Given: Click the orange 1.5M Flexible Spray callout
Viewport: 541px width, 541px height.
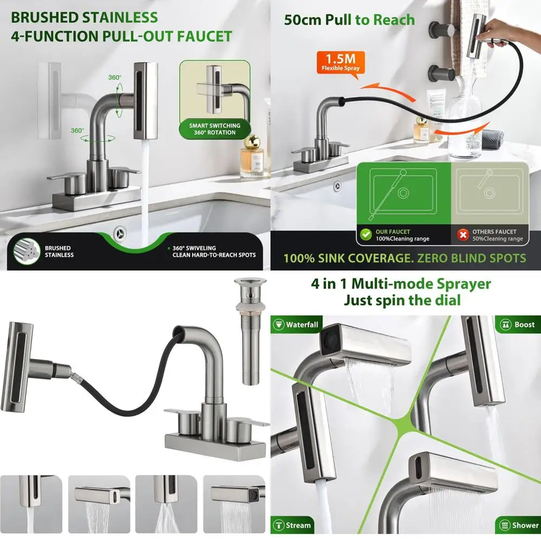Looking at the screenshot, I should point(339,62).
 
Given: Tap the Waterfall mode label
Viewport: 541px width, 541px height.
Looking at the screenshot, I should point(296,325).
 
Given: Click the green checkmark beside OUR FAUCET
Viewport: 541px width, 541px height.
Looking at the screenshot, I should point(365,235).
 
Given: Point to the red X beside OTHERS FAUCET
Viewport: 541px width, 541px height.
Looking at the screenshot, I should point(463,235).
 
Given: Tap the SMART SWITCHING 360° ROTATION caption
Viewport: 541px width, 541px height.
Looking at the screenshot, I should point(214,129).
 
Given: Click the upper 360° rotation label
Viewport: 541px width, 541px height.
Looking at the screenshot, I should point(115,77).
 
